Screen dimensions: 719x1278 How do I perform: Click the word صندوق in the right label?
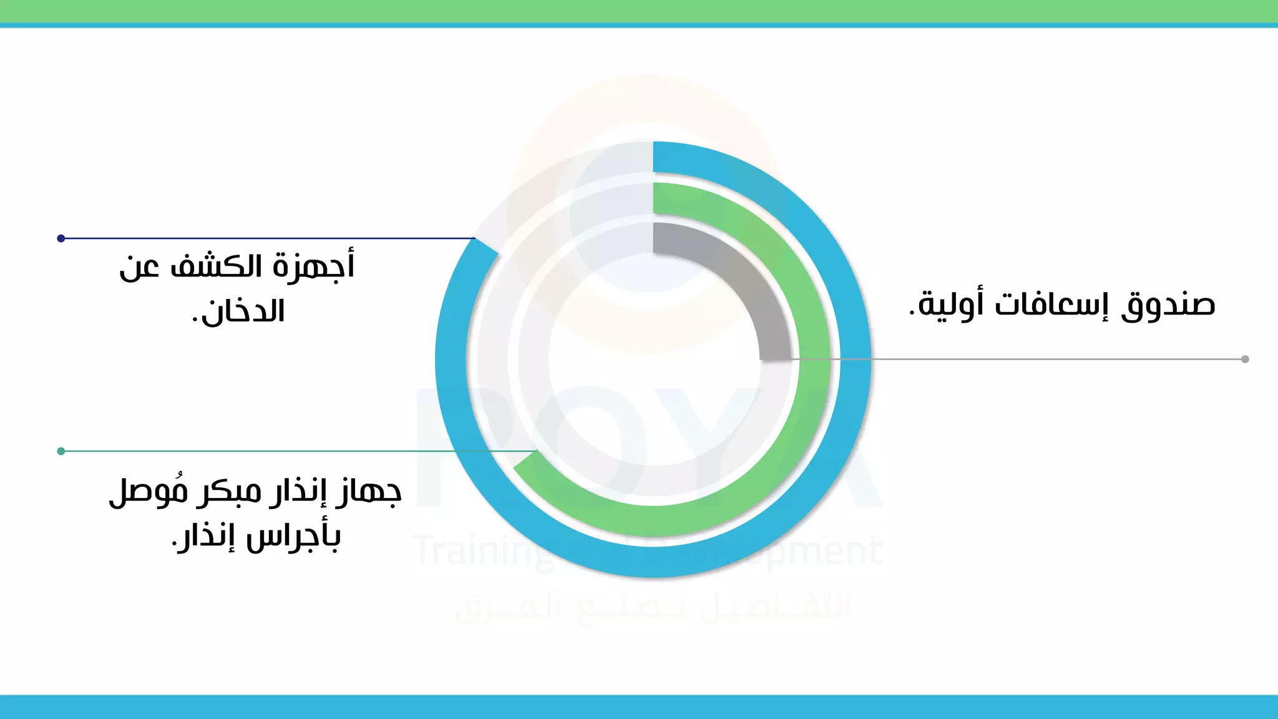click(1168, 305)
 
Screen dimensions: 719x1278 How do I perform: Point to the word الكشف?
click(216, 267)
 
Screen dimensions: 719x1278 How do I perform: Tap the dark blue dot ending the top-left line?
click(61, 238)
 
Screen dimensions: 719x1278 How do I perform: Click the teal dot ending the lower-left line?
click(61, 451)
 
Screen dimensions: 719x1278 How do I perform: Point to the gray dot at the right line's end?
click(1245, 359)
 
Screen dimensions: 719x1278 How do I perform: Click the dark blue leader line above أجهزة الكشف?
click(268, 238)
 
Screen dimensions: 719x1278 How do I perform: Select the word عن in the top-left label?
click(139, 267)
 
